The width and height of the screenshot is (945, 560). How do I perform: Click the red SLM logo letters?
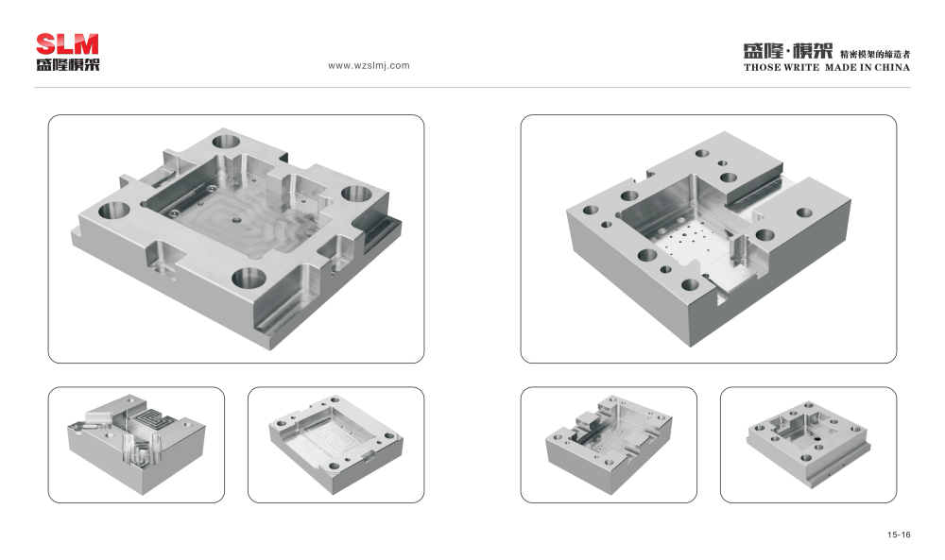(x=67, y=44)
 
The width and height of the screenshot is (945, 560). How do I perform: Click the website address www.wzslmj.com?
(x=369, y=66)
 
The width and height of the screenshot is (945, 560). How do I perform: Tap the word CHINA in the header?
(x=892, y=67)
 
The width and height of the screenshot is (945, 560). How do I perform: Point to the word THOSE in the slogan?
(x=762, y=67)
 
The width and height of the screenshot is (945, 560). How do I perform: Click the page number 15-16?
(x=899, y=535)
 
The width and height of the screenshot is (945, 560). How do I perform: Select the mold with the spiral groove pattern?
(x=136, y=445)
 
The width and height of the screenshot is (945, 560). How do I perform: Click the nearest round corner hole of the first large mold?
(x=249, y=279)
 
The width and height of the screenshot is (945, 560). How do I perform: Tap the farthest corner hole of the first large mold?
(x=226, y=143)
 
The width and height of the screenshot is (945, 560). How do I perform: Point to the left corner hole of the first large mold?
(x=114, y=211)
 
